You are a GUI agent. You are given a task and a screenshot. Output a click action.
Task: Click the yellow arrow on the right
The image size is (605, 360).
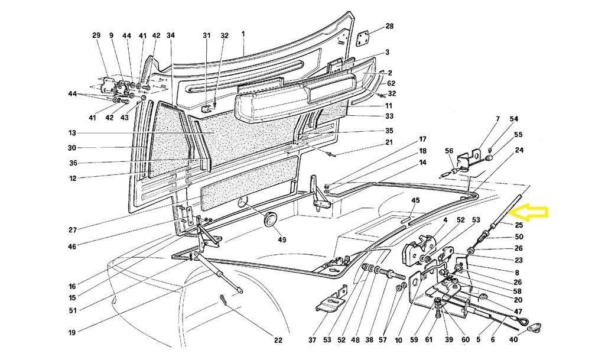point(532,212)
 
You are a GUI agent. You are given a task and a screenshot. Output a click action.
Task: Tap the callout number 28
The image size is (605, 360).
point(389,26)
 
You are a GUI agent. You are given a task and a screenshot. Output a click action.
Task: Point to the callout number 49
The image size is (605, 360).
point(282,239)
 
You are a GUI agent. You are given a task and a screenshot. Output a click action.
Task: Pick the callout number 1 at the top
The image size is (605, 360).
point(243,35)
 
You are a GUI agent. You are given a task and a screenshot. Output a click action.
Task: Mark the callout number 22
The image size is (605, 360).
point(278,340)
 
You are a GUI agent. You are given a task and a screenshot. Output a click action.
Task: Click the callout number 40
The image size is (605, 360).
point(513,340)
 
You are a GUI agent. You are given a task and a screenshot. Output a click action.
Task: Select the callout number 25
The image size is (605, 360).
point(518,225)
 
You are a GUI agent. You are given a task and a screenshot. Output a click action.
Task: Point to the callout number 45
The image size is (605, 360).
point(416,200)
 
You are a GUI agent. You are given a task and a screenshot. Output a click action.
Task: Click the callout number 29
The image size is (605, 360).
point(96,35)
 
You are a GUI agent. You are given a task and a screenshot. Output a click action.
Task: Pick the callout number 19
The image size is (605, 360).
point(71,333)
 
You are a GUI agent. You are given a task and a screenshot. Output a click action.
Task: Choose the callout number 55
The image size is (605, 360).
point(518,135)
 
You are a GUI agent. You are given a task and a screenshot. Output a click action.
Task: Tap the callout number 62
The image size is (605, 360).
point(391,83)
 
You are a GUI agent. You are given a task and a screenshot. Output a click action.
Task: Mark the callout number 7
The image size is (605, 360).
point(497,119)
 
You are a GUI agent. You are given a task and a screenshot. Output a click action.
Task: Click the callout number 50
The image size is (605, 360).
point(518,237)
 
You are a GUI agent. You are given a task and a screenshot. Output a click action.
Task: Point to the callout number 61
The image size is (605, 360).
point(428,340)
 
